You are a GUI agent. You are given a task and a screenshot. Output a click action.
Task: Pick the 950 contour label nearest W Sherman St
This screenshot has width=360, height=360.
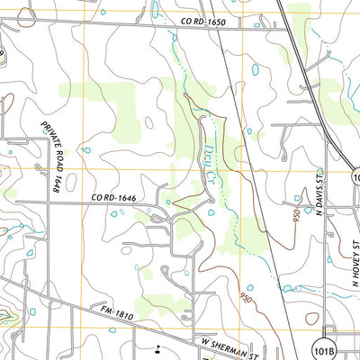pyautogui.click(x=246, y=298)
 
